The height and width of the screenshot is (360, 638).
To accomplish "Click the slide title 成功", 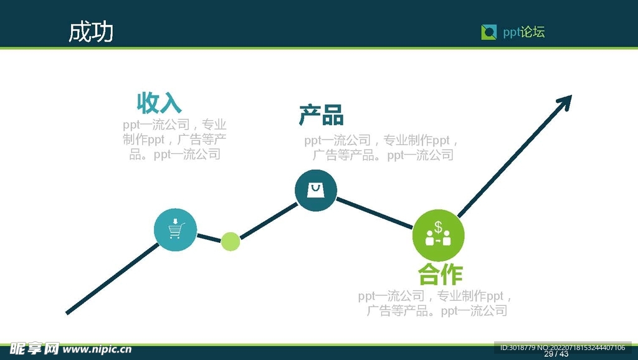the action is coord(91,32).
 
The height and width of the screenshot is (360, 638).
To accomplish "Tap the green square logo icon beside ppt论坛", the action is coord(488,32).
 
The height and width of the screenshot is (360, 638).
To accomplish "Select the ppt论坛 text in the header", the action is coord(523,32).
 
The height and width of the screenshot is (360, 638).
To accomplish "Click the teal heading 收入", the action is coord(159,103).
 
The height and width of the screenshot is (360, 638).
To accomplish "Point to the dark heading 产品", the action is coord(321,115).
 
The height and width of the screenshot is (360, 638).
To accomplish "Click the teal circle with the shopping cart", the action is coord(175,229).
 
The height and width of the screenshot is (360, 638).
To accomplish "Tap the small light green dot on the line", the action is coord(231,242).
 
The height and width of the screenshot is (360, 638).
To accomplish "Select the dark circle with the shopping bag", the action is coord(316,191).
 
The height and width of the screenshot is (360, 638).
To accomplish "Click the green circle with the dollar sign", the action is coord(438,235).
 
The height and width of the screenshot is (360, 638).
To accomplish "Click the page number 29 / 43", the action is coord(556,354).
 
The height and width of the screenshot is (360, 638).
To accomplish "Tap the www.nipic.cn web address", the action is coord(97,349).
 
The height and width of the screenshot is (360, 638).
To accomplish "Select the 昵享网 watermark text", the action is coord(34,349).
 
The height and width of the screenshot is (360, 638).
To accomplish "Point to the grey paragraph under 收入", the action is coord(174,140).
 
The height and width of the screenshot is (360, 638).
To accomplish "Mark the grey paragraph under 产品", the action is coord(382,148).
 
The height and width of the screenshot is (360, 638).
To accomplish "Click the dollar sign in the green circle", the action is coord(438,227).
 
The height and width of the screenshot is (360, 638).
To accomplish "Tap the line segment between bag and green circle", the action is coord(374,213).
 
